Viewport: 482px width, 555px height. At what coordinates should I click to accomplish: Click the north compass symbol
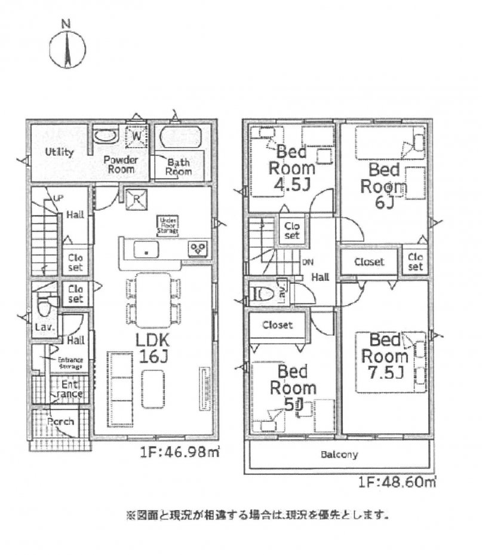(x=67, y=48)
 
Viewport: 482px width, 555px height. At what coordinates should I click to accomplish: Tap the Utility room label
(x=59, y=152)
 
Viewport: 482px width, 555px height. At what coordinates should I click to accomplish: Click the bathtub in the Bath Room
(x=181, y=139)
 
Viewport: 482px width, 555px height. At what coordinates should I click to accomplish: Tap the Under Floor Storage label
(x=168, y=225)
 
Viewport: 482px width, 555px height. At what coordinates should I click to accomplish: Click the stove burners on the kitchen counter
(x=197, y=249)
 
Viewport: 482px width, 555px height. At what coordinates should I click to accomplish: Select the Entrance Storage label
(x=69, y=363)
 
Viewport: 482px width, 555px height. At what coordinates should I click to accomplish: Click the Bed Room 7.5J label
(x=387, y=357)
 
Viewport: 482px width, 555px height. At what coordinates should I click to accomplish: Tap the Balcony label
(x=339, y=455)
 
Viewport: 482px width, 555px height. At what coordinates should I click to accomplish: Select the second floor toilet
(x=262, y=293)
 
